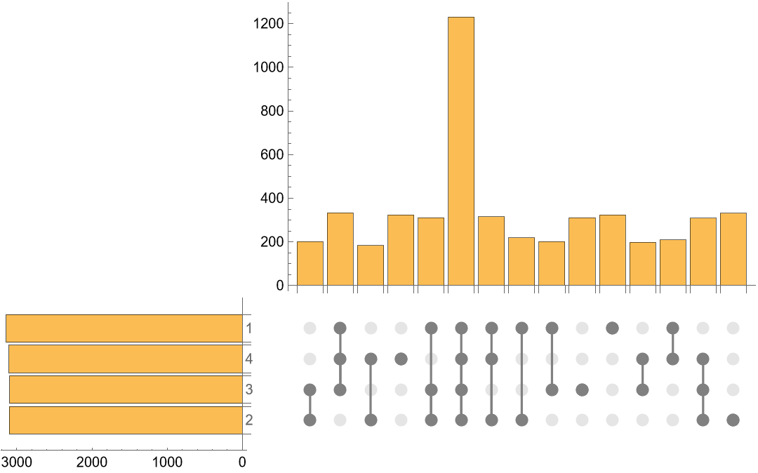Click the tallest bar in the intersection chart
tap(461, 151)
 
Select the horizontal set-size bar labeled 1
tap(124, 328)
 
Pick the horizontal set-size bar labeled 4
tap(126, 359)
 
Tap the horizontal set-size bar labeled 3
tap(126, 389)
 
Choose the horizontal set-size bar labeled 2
tap(126, 420)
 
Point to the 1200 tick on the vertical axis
tap(270, 24)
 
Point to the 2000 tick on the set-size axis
tap(91, 462)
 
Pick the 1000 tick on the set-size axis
tap(167, 462)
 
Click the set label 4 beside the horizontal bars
tap(249, 359)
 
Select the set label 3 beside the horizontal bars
tap(249, 389)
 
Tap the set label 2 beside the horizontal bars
tap(249, 420)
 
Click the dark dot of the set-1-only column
tap(612, 328)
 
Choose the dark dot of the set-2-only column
tap(733, 420)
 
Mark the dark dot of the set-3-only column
tap(582, 389)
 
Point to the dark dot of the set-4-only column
tap(401, 359)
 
